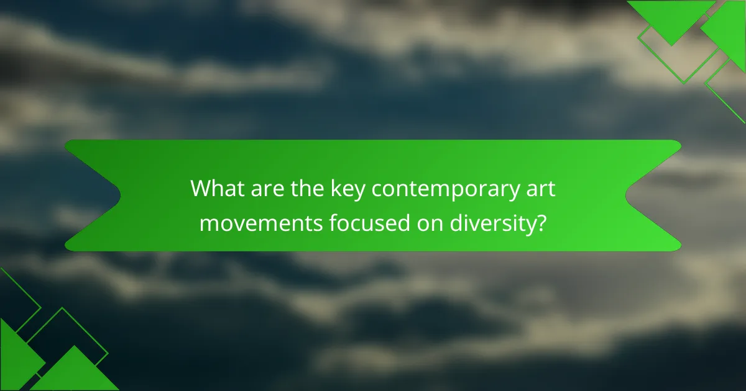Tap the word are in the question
coord(264,187)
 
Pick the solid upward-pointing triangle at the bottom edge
coord(75,372)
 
